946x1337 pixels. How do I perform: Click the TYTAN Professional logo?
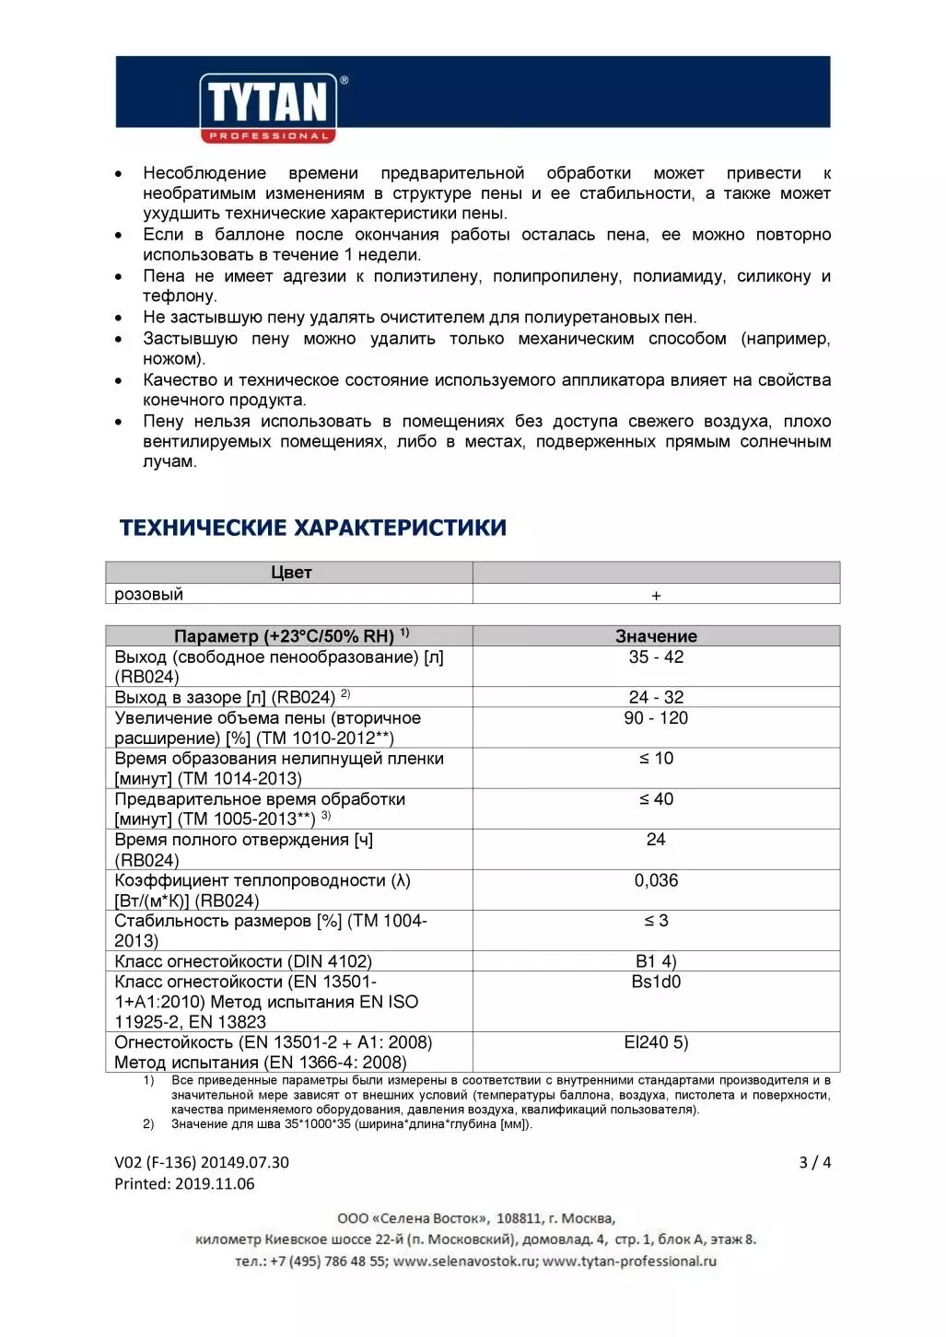pyautogui.click(x=268, y=108)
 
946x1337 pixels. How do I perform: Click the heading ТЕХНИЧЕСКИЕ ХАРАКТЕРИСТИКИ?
pyautogui.click(x=312, y=528)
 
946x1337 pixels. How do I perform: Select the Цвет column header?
pyautogui.click(x=291, y=573)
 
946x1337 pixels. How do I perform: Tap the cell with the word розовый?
pyautogui.click(x=149, y=595)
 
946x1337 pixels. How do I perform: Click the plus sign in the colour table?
pyautogui.click(x=656, y=596)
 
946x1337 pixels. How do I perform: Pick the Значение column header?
pyautogui.click(x=656, y=636)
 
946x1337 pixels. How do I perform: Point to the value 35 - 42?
pyautogui.click(x=656, y=657)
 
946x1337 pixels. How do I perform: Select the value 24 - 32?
pyautogui.click(x=656, y=698)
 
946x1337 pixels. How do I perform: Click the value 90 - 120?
pyautogui.click(x=656, y=718)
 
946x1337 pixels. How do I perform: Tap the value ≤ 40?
pyautogui.click(x=656, y=799)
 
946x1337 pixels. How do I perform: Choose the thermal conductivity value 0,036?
pyautogui.click(x=656, y=880)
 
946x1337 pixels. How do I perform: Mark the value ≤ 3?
pyautogui.click(x=656, y=921)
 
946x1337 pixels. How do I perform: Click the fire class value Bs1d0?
pyautogui.click(x=656, y=982)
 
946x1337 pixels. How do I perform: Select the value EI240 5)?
pyautogui.click(x=656, y=1042)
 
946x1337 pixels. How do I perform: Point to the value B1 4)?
pyautogui.click(x=656, y=961)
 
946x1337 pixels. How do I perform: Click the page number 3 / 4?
pyautogui.click(x=814, y=1162)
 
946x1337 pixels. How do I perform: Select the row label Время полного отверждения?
pyautogui.click(x=243, y=840)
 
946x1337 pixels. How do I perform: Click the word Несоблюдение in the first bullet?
pyautogui.click(x=204, y=173)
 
